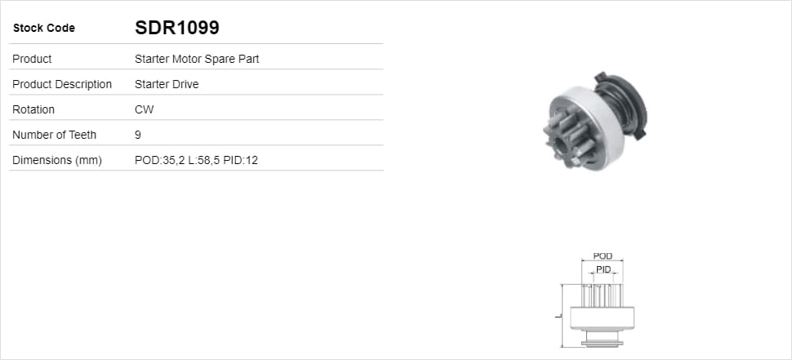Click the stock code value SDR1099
pyautogui.click(x=177, y=28)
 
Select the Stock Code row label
pyautogui.click(x=44, y=29)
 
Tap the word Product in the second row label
pyautogui.click(x=32, y=59)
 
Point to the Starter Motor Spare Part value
pyautogui.click(x=197, y=59)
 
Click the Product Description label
pyautogui.click(x=62, y=84)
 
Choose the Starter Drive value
pyautogui.click(x=167, y=84)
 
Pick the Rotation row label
pyautogui.click(x=33, y=109)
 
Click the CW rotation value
pyautogui.click(x=145, y=109)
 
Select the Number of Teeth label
pyautogui.click(x=54, y=135)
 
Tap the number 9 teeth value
pyautogui.click(x=138, y=135)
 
